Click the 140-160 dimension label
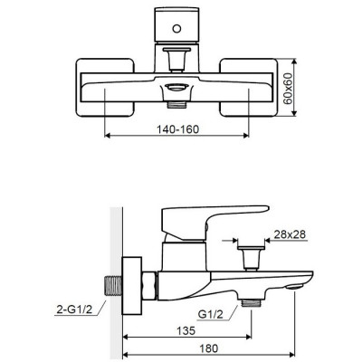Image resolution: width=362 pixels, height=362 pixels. point(177,129)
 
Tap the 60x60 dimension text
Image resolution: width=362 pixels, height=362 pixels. point(289,88)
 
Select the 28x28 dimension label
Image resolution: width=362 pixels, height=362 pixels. point(290,234)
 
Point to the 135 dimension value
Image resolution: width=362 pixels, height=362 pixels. point(186,330)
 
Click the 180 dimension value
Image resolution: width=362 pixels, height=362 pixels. point(208,348)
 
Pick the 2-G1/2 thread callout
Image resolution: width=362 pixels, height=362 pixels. point(74,310)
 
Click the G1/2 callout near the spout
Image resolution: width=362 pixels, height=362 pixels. point(211,314)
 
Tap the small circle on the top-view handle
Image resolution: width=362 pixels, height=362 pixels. point(176,29)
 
